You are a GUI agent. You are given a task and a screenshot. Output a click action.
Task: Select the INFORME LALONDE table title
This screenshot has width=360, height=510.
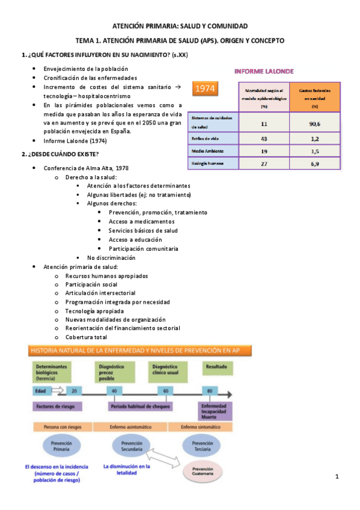[x=263, y=71]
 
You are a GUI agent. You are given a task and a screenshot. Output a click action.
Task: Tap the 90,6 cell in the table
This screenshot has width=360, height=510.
[x=315, y=123]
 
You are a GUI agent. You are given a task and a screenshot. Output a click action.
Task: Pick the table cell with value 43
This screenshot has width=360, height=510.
[x=264, y=139]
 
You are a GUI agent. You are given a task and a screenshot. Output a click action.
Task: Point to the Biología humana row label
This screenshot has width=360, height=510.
[x=207, y=163]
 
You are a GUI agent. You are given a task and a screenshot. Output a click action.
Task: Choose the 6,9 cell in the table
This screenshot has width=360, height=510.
[x=315, y=164]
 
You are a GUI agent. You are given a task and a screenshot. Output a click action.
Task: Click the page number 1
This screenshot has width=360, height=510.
[x=337, y=477]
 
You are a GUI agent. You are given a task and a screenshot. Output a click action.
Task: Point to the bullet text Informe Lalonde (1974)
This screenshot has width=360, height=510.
[x=75, y=141]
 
